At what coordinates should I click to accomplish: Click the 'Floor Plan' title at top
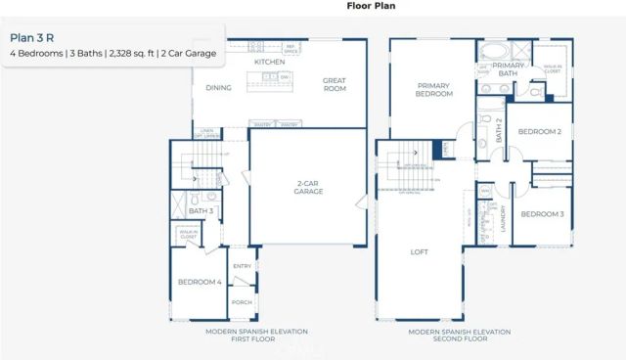pos(371,6)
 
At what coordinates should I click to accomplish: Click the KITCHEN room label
pos(269,62)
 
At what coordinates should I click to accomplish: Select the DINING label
pos(218,86)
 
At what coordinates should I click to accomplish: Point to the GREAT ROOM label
pos(335,85)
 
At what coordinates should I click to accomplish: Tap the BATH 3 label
pos(201,210)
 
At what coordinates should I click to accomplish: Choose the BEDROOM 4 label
pos(199,282)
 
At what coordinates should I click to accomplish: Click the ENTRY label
pos(241,265)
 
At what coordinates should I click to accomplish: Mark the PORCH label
pos(241,302)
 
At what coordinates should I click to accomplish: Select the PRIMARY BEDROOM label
pos(434,90)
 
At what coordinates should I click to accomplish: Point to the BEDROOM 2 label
pos(539,131)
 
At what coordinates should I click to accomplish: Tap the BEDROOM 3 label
pos(541,213)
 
